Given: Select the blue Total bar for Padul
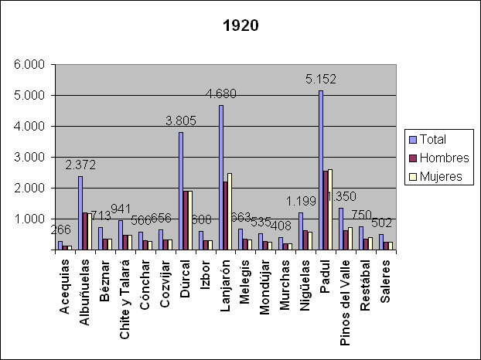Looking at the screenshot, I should (321, 170).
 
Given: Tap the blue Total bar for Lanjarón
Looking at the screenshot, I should (220, 178).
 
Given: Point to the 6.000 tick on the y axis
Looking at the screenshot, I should (29, 65).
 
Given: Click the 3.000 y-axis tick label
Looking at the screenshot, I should (29, 158).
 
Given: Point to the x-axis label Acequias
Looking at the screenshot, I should (65, 286).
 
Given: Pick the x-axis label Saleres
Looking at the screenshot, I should (387, 282).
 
